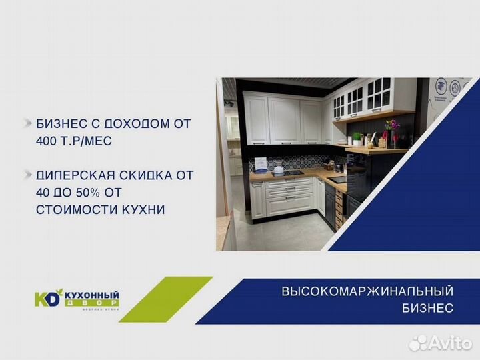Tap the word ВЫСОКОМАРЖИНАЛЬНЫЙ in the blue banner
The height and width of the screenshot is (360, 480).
[x=367, y=291]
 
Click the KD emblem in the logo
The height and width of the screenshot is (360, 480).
[x=48, y=298]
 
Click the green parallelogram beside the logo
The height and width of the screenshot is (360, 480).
[x=175, y=299]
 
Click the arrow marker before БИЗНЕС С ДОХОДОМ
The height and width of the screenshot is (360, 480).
[x=27, y=124]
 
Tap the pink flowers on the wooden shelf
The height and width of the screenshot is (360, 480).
[x=391, y=126]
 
